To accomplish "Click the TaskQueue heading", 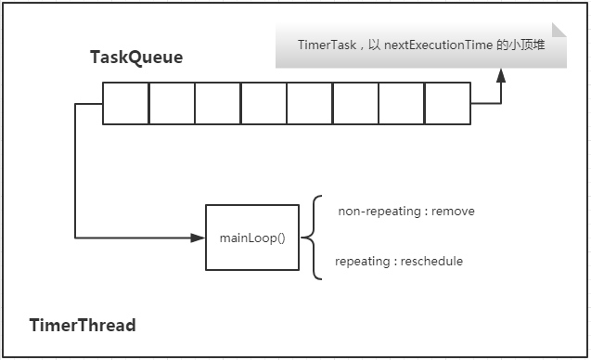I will [136, 58].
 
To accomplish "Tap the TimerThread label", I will [83, 325].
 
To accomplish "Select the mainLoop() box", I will [252, 238].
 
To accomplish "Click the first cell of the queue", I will [125, 103].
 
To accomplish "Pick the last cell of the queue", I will [447, 103].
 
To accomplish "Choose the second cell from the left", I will [172, 103].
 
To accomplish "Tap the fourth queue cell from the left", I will [263, 103].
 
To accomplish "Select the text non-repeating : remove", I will [405, 211].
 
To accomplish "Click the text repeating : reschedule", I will [398, 261].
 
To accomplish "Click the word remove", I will [454, 211].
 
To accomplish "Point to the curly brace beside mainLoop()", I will [315, 237].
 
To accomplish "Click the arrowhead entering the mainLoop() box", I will [198, 238].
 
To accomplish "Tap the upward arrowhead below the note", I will [501, 77].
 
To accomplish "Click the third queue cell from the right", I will [355, 103].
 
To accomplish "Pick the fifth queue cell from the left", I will [309, 103].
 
